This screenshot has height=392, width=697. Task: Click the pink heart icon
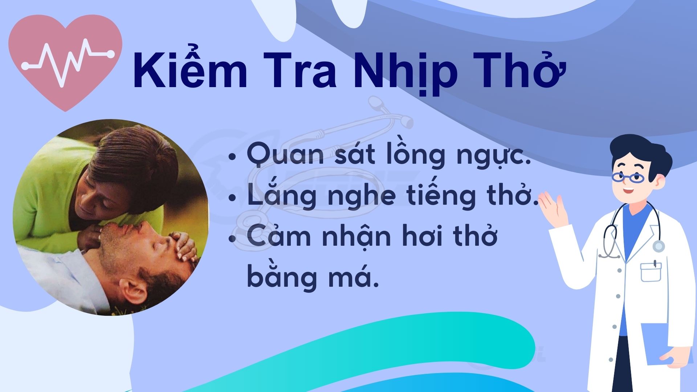click(65, 62)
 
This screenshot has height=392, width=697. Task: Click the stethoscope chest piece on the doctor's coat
click(659, 246)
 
